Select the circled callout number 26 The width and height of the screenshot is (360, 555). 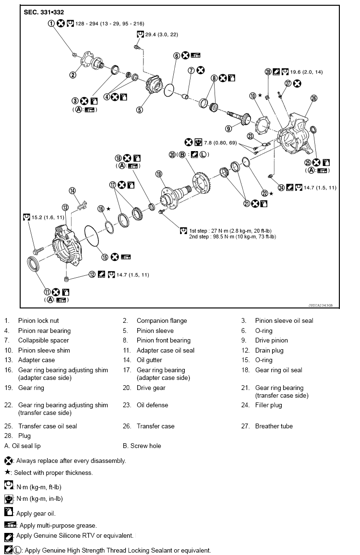click(314, 98)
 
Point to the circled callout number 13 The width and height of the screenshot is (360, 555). click(65, 207)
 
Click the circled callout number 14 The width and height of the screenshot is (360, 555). click(72, 191)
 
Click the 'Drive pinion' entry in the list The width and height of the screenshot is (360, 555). click(271, 340)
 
